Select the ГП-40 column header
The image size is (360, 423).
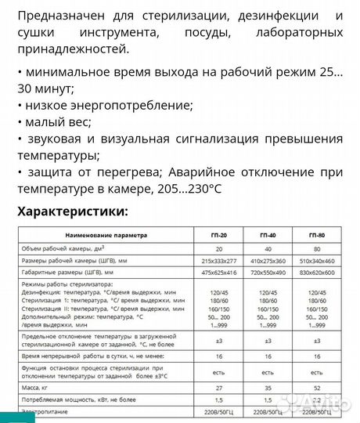click(268, 234)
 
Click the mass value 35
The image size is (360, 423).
click(268, 385)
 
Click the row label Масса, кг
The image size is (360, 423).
click(41, 385)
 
